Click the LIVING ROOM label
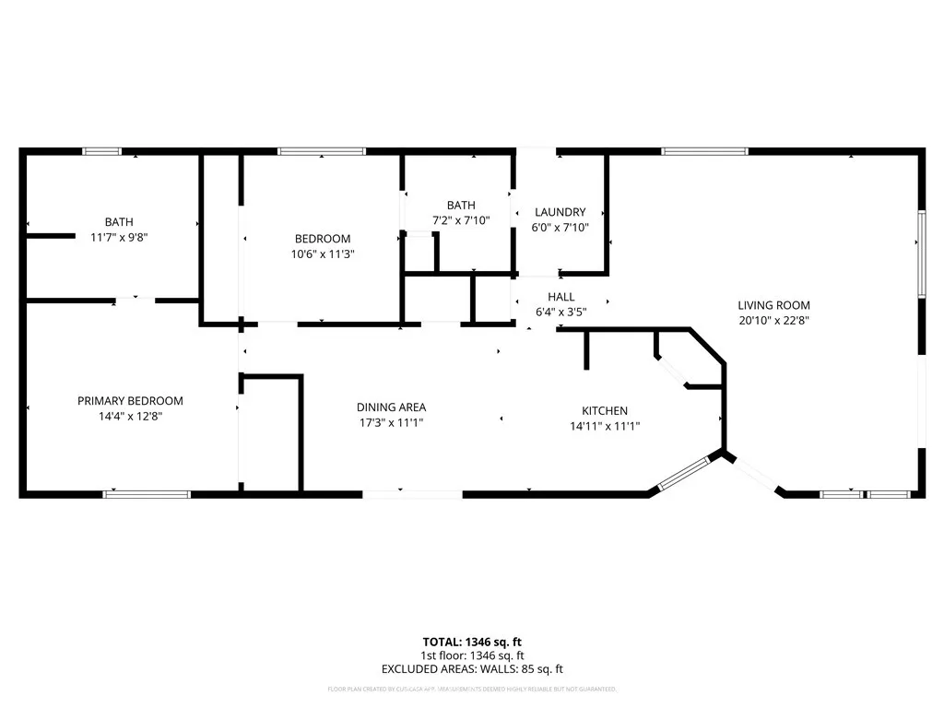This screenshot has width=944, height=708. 773,305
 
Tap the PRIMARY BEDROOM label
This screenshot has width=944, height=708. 130,401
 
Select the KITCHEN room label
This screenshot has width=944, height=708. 604,411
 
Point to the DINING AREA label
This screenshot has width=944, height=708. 391,407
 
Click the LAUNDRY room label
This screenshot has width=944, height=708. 560,212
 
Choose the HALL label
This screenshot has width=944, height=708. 560,297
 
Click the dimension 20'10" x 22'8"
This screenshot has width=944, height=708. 773,321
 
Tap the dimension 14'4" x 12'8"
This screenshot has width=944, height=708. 130,416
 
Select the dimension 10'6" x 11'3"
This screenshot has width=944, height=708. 322,254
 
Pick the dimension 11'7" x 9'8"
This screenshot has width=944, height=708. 118,237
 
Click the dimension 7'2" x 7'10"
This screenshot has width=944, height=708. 461,220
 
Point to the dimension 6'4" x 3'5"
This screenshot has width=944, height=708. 560,312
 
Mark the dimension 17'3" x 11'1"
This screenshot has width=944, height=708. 391,422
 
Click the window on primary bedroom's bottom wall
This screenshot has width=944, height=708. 147,494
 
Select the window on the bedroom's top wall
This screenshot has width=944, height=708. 322,151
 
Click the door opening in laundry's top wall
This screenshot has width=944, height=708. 536,151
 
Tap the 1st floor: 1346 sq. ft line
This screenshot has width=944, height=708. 472,655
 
